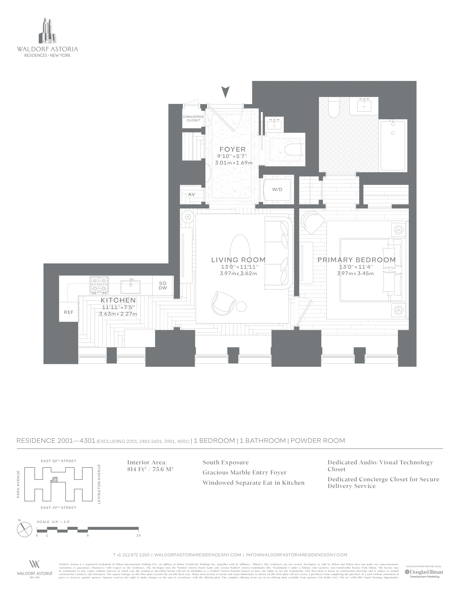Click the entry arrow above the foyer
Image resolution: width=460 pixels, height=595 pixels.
[x=225, y=92]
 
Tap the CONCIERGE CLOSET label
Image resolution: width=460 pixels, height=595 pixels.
[x=193, y=118]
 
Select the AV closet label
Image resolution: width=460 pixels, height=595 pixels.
[x=192, y=195]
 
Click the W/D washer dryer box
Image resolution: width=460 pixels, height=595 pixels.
[x=277, y=189]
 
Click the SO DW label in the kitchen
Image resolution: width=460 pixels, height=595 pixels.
[x=163, y=286]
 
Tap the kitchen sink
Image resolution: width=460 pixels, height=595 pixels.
[x=131, y=287]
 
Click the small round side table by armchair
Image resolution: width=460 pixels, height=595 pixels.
[x=241, y=307]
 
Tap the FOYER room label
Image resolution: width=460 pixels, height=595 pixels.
[x=233, y=149]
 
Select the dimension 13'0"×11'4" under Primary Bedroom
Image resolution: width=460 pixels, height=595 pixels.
[x=356, y=267]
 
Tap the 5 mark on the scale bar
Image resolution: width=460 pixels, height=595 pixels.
[x=88, y=535]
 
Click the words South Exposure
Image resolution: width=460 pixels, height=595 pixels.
[x=225, y=462]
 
